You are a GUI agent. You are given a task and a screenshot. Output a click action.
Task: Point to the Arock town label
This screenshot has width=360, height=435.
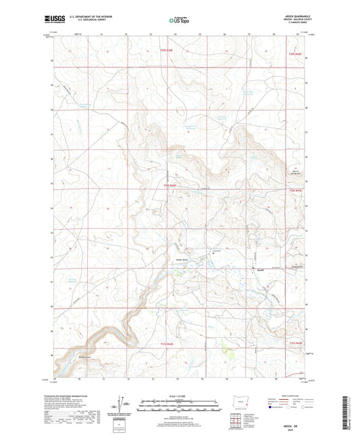(259, 269)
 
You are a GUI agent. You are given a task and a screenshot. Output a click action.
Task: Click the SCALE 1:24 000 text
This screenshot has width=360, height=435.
(180, 396)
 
